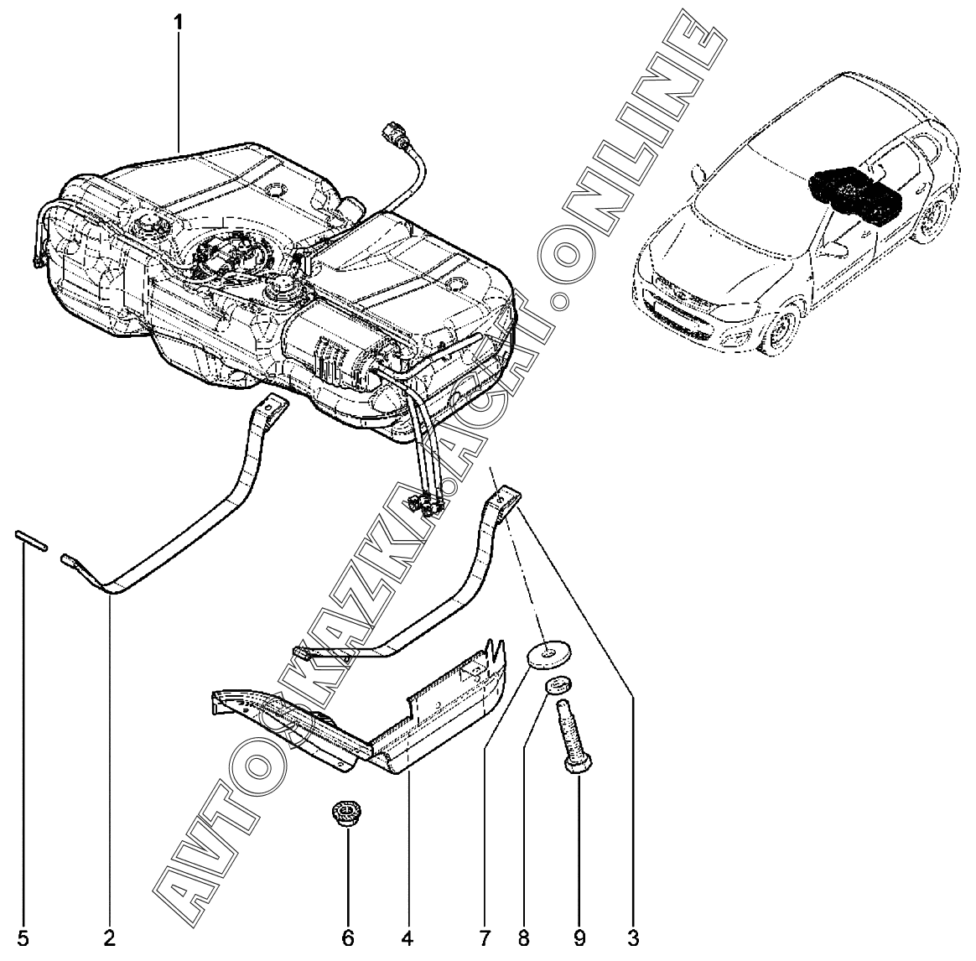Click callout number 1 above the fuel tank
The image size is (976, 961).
point(179,23)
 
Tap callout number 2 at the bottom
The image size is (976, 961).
point(110,938)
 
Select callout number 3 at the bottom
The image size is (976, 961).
point(633,938)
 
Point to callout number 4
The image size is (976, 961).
point(408,938)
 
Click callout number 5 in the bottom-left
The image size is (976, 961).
point(23,938)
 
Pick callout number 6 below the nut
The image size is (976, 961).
point(348,938)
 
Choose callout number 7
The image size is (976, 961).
point(485,938)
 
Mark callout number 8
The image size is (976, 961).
point(523,938)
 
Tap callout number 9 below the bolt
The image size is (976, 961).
point(579,938)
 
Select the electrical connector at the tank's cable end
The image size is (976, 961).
point(395,135)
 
